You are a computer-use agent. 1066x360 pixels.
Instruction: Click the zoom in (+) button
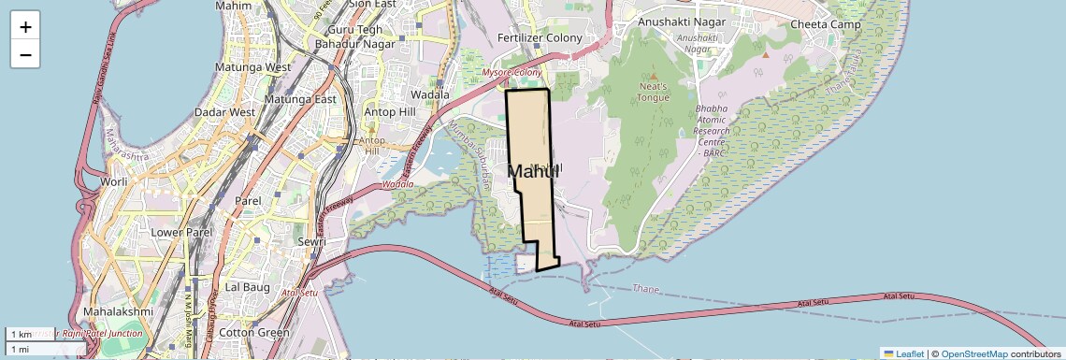25,26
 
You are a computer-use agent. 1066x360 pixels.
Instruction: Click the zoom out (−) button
25,54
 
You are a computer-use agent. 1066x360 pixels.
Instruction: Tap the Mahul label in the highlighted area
533,171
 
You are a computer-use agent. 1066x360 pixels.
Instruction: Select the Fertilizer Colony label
540,38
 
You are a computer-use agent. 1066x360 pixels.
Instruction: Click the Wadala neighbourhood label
431,94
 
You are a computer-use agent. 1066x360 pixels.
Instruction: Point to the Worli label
114,181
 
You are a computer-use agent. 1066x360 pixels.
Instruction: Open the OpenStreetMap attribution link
973,353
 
